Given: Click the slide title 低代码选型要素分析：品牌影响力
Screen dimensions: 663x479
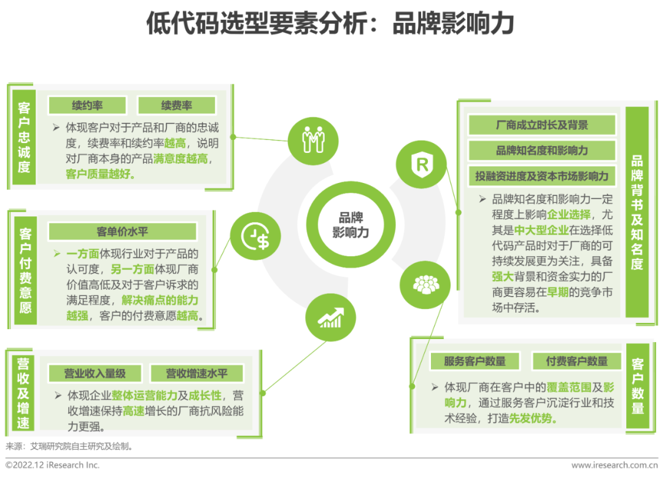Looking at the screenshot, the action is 330,25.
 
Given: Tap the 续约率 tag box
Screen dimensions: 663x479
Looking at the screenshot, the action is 87,106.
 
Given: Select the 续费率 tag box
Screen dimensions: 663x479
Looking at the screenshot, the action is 177,106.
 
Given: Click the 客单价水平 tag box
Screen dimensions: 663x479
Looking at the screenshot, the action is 122,232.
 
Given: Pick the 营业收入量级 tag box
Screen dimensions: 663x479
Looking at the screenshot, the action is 95,373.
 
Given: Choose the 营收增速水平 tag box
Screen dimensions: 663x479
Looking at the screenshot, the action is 196,373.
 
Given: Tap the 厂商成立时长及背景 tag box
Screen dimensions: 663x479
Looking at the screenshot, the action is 541,125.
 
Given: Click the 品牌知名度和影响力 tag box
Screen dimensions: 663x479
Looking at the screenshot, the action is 541,150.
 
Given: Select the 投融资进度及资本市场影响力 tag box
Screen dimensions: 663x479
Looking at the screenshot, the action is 541,176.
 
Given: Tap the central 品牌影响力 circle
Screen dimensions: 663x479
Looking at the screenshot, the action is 351,225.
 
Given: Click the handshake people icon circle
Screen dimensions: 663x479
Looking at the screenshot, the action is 313,141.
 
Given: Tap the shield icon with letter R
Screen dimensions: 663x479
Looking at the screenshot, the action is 422,164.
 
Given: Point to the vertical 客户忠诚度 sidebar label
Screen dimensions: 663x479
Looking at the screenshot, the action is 24,137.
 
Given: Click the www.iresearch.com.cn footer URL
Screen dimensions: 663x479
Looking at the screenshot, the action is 614,465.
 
